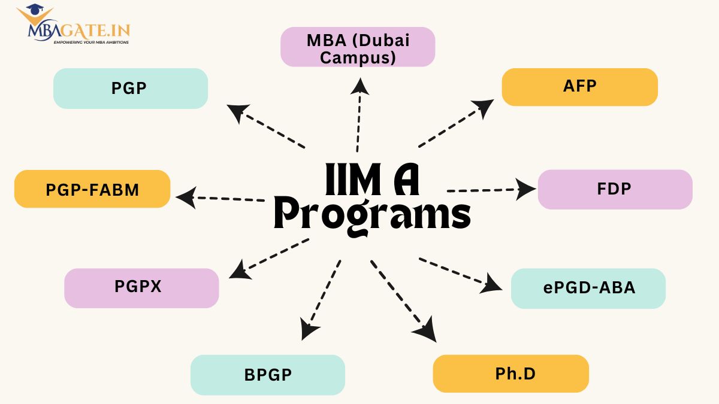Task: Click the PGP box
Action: (130, 89)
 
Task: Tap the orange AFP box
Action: (579, 87)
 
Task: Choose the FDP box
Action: (615, 189)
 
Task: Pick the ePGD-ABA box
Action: (588, 288)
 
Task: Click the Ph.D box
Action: (510, 373)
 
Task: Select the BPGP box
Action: (268, 375)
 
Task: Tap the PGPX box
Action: (141, 288)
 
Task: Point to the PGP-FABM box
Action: (92, 189)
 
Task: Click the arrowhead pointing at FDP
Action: (527, 189)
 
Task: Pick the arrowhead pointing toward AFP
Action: (483, 108)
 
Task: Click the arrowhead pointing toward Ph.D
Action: (426, 333)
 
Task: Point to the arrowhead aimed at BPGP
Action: (309, 330)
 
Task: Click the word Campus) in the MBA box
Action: (358, 57)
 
